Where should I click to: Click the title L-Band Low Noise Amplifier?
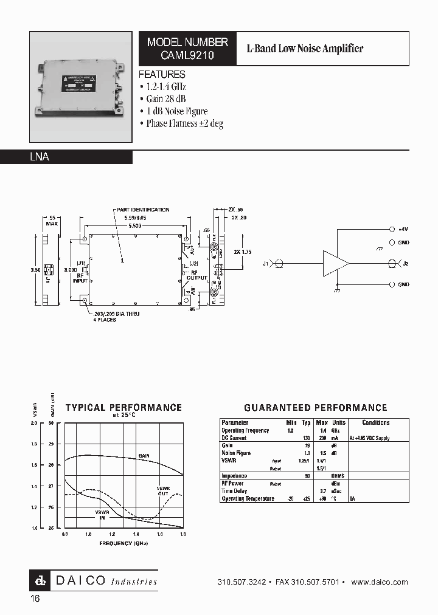click(x=304, y=49)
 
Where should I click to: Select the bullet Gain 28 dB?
click(x=165, y=99)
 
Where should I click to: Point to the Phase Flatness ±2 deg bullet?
click(x=184, y=123)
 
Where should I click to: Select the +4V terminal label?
click(x=403, y=230)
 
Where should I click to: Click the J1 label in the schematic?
click(x=265, y=264)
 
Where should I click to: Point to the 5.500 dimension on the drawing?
click(x=135, y=225)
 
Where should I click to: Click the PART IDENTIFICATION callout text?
click(x=143, y=210)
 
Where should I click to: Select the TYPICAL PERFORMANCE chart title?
click(x=123, y=408)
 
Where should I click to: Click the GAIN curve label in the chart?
click(x=144, y=455)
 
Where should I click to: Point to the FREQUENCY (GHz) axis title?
click(x=123, y=542)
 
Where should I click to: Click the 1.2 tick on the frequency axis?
click(x=112, y=534)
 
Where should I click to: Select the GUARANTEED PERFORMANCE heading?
click(x=315, y=408)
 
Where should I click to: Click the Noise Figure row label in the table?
click(x=236, y=453)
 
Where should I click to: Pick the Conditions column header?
click(x=375, y=422)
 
